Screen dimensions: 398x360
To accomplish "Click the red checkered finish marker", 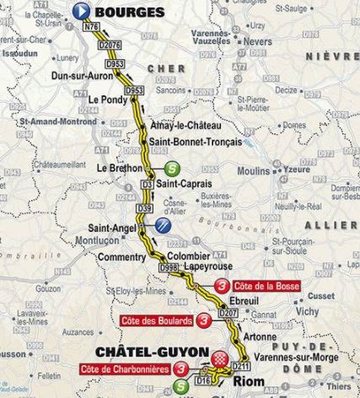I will (221, 358).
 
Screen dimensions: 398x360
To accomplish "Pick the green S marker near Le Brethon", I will (171, 167).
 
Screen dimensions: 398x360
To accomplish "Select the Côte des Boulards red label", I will (156, 321).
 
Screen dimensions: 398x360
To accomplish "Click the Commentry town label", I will (116, 256).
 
